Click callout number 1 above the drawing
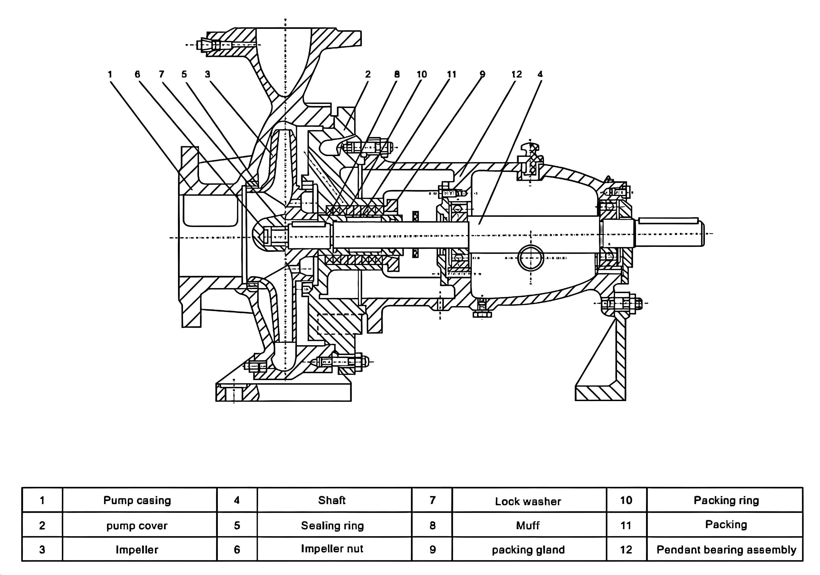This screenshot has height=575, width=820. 110,74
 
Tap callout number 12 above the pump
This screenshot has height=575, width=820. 516,74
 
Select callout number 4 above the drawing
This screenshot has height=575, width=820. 540,74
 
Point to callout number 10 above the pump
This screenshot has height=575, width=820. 422,74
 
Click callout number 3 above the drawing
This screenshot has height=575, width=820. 208,74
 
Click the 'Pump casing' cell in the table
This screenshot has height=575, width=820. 137,500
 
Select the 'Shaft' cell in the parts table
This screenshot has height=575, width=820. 332,500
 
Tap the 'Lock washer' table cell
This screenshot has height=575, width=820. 528,501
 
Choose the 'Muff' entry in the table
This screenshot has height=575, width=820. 528,525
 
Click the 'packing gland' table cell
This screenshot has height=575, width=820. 528,549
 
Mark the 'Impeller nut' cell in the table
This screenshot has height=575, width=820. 332,549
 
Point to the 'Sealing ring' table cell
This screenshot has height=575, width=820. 332,525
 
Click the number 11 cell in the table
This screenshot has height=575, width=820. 626,525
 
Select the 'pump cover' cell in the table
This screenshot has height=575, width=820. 137,525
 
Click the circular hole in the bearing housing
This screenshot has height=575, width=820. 531,258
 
